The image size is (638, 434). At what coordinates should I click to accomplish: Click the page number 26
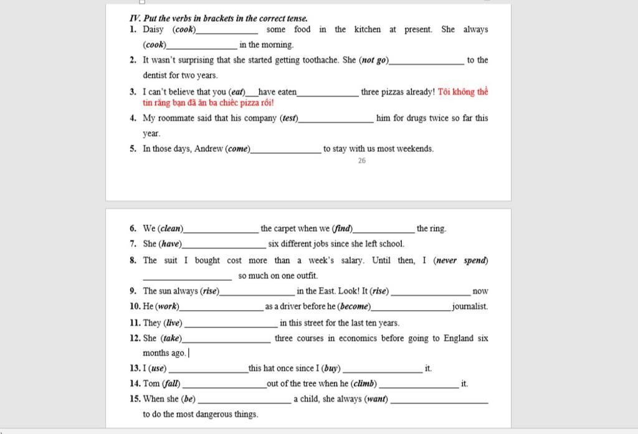pos(362,161)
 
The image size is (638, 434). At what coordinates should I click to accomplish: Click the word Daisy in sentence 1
pos(153,29)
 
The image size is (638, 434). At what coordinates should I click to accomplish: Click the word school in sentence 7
pos(391,244)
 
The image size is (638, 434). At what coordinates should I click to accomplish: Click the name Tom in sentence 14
pos(151,384)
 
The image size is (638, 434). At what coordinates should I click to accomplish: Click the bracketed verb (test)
pos(290,118)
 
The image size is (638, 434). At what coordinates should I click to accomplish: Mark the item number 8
pos(133,260)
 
